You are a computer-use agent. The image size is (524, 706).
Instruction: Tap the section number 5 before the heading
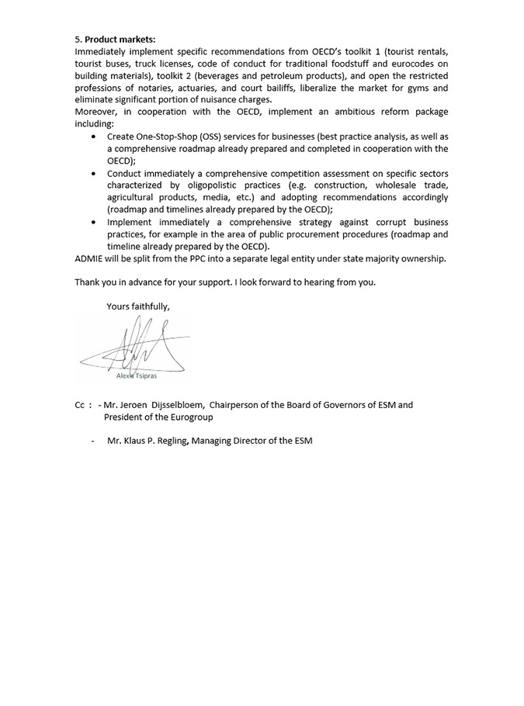pyautogui.click(x=78, y=39)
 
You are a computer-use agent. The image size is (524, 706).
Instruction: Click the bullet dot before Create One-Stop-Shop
pyautogui.click(x=94, y=137)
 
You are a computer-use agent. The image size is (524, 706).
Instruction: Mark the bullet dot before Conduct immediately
pyautogui.click(x=94, y=173)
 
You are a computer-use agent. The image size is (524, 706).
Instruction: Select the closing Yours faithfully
pyautogui.click(x=137, y=306)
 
